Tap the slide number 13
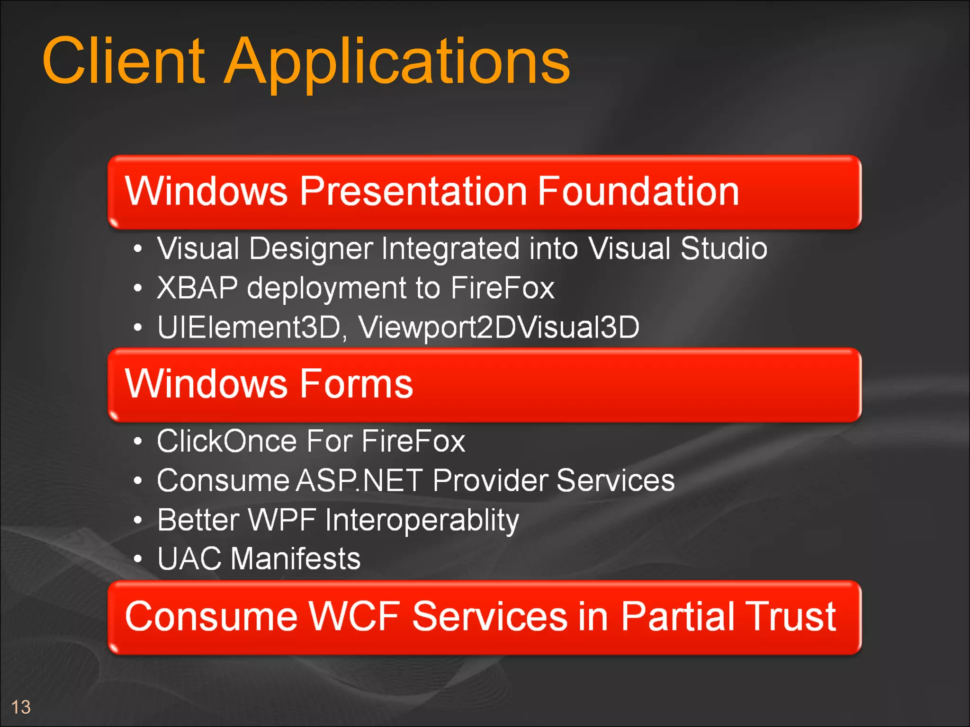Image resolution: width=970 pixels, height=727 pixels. [x=21, y=707]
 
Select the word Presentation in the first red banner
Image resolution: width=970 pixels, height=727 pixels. [x=413, y=191]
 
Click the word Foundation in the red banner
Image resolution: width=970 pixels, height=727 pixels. [x=638, y=191]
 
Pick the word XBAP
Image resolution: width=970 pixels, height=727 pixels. [x=197, y=288]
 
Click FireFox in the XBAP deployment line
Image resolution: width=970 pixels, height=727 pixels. [x=502, y=288]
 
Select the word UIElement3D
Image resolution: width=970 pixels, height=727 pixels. [x=249, y=327]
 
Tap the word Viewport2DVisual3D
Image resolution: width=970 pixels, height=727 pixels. [x=499, y=327]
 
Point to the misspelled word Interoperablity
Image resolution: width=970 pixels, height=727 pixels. [x=422, y=520]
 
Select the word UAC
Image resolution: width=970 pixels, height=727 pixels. [x=189, y=559]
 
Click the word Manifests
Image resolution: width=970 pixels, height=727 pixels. [x=296, y=559]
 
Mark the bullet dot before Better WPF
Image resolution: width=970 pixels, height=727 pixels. [x=137, y=520]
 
